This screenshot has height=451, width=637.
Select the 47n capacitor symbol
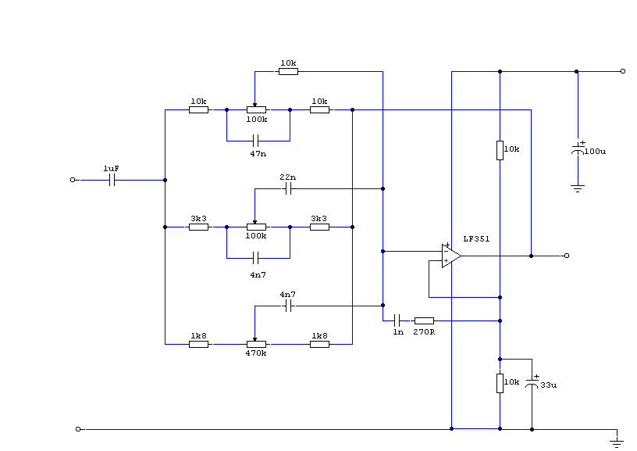pos(256,141)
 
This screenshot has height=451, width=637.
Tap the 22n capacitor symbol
pos(287,188)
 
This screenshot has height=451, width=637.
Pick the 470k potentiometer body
pos(256,343)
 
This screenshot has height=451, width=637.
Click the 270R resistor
pos(424,320)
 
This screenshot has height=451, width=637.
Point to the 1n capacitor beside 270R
pos(398,320)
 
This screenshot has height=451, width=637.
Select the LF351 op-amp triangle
pos(450,256)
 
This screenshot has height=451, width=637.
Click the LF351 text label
pos(476,238)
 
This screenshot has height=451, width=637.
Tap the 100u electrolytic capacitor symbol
pos(578,149)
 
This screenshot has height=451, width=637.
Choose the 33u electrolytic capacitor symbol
pos(532,382)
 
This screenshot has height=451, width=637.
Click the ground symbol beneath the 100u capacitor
pos(578,188)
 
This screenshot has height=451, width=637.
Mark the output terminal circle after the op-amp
pos(567,256)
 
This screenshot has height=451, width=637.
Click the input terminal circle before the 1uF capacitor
pos(73,180)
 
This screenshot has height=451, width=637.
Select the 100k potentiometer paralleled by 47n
pos(256,110)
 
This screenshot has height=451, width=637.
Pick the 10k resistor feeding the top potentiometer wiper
pos(288,71)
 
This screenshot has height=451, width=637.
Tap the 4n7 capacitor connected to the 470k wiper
pos(287,306)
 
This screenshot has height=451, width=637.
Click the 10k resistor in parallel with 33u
pos(500,383)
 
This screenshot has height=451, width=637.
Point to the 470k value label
pos(256,353)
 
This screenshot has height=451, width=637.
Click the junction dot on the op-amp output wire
pos(532,256)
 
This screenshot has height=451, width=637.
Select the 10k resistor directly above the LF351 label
pos(500,150)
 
